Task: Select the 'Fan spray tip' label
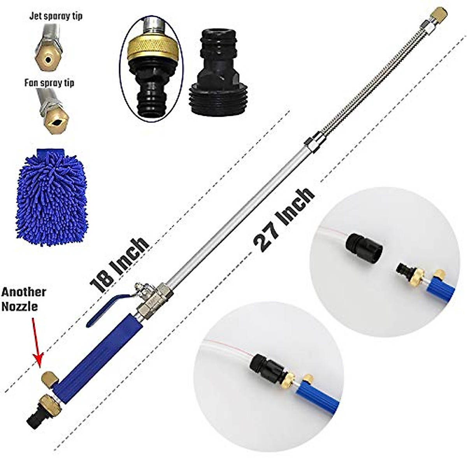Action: point(49,83)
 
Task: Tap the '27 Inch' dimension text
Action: point(284,220)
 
